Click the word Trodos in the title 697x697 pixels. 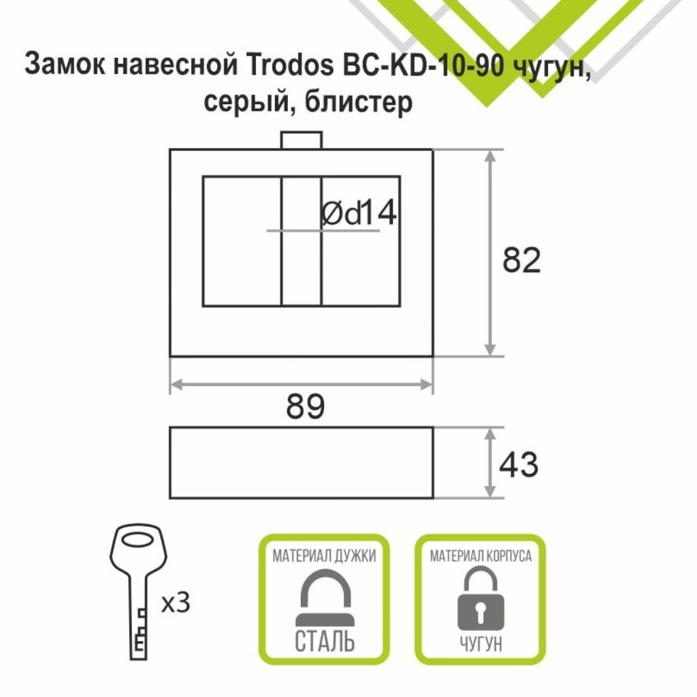point(286,67)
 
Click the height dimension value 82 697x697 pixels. point(521,261)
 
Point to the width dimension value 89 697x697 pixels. point(305,407)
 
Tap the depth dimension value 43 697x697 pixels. point(518,465)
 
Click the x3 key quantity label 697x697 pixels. point(176,603)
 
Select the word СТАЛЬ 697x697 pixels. point(325,641)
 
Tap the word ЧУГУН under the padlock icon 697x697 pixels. point(481,644)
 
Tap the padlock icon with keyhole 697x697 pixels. point(481,599)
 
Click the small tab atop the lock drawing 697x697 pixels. point(300,140)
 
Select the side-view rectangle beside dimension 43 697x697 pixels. point(301,463)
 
